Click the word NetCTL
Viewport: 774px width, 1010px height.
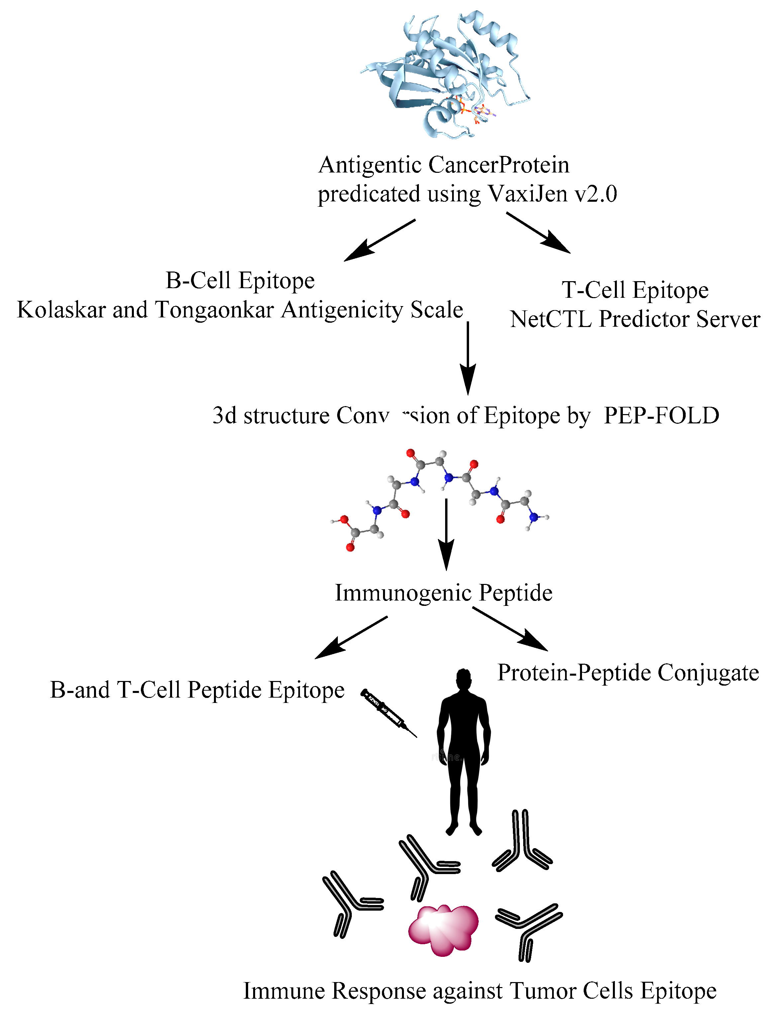click(550, 319)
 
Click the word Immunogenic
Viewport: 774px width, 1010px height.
click(403, 593)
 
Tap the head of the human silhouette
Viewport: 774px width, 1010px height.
click(463, 680)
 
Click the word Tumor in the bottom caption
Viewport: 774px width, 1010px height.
click(542, 991)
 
